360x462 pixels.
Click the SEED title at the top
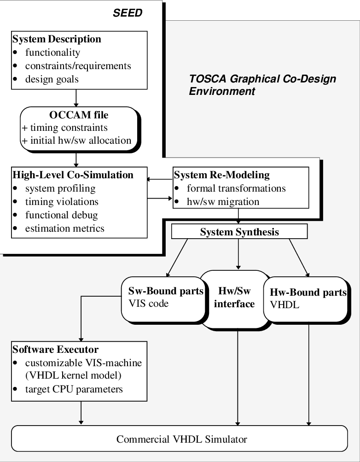[128, 13]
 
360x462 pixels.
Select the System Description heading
[57, 39]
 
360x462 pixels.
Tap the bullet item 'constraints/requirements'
[78, 66]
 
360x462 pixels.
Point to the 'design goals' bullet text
[52, 79]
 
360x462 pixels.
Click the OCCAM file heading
[79, 115]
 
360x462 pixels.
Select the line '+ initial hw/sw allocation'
[76, 140]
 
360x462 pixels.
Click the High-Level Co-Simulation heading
[73, 175]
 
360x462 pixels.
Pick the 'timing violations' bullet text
[62, 202]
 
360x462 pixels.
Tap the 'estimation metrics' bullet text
[65, 228]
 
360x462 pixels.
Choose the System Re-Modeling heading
[221, 175]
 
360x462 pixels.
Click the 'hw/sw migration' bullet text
[223, 202]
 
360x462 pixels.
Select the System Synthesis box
[239, 232]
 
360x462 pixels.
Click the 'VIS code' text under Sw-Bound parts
[149, 304]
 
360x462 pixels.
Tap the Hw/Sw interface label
[234, 297]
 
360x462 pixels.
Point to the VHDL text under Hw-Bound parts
[285, 305]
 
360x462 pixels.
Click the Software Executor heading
[55, 350]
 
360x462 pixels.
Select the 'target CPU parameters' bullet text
[74, 389]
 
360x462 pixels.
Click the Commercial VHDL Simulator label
[182, 439]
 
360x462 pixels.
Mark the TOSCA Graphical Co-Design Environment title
[262, 85]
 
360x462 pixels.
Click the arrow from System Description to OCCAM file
[76, 98]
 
